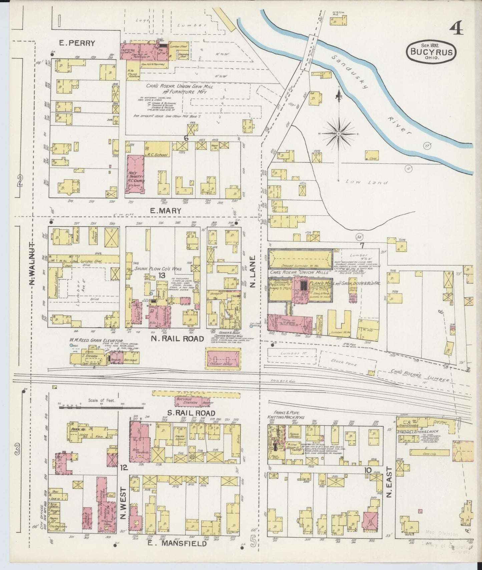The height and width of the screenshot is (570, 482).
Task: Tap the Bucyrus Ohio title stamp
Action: [x=431, y=52]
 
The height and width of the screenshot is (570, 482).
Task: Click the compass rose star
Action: [x=339, y=133]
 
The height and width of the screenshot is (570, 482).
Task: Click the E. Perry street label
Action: [x=77, y=43]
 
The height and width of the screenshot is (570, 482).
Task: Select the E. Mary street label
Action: [x=165, y=211]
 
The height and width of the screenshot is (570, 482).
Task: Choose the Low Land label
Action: [x=367, y=182]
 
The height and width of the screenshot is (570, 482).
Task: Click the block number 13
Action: [x=162, y=275]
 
